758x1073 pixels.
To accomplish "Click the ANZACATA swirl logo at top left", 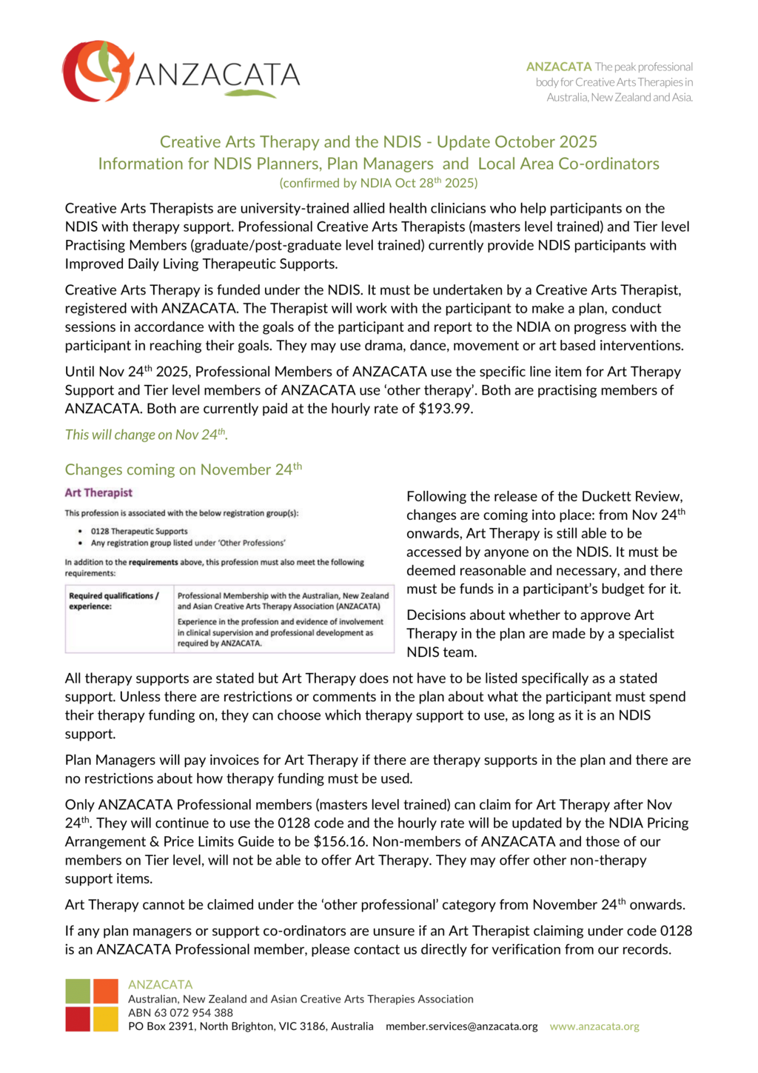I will pos(96,71).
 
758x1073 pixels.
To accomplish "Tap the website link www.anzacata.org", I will pos(594,1027).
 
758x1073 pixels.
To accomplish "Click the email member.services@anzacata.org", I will pos(462,1027).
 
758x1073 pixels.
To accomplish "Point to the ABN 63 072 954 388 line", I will pos(181,1013).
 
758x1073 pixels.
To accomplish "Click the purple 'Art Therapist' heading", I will pos(98,493).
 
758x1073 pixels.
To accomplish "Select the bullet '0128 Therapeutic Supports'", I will pos(139,531).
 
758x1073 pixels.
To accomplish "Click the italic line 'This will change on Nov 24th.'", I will pos(146,435).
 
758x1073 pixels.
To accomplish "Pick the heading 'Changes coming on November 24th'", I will pos(183,469).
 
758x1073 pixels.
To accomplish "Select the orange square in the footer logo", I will pos(106,992).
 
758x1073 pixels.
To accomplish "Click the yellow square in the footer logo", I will pos(106,1019).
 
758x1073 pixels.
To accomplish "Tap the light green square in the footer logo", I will pos(78,992).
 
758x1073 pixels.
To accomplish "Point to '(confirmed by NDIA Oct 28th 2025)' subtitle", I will pos(378,183).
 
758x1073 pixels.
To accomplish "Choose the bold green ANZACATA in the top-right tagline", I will pos(559,67).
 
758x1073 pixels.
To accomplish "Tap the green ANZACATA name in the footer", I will pos(160,985).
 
